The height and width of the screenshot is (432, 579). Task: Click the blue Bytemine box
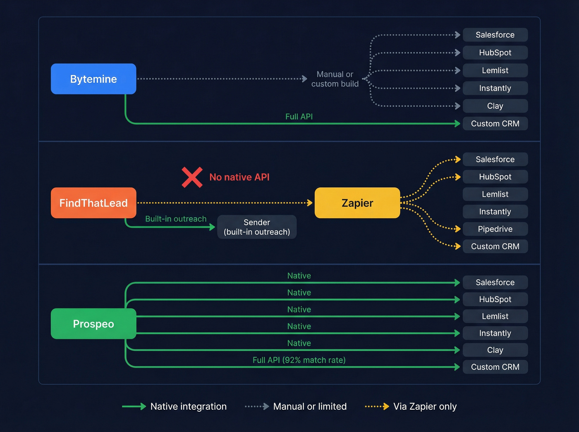click(93, 79)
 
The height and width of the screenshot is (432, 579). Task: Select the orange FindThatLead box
click(93, 203)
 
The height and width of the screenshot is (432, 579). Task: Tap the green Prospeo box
click(93, 324)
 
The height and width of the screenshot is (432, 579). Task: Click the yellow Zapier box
click(357, 203)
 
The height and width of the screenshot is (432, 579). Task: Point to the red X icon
click(192, 177)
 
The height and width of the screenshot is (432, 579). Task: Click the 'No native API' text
click(239, 177)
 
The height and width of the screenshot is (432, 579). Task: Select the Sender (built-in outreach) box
click(257, 227)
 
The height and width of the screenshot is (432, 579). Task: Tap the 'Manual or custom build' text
click(335, 79)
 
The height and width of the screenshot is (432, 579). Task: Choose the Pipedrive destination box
click(495, 229)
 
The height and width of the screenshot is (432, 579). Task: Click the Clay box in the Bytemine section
click(495, 106)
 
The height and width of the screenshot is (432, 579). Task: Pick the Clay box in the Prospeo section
click(495, 350)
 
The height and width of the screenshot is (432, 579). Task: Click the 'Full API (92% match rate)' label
click(299, 360)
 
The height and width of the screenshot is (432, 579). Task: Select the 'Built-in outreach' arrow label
click(176, 219)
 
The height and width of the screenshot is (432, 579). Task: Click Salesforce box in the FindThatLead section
click(495, 159)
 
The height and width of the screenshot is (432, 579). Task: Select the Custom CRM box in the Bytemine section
click(495, 124)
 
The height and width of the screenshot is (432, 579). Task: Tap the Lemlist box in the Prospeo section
click(495, 316)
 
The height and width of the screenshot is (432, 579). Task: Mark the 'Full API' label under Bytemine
click(299, 117)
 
